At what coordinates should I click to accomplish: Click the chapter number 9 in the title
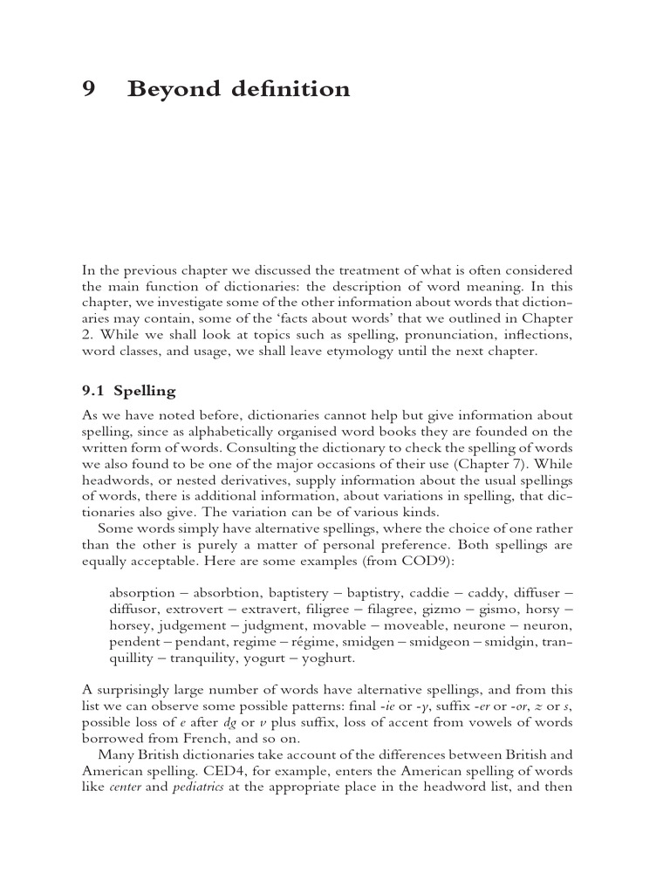(x=88, y=90)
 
